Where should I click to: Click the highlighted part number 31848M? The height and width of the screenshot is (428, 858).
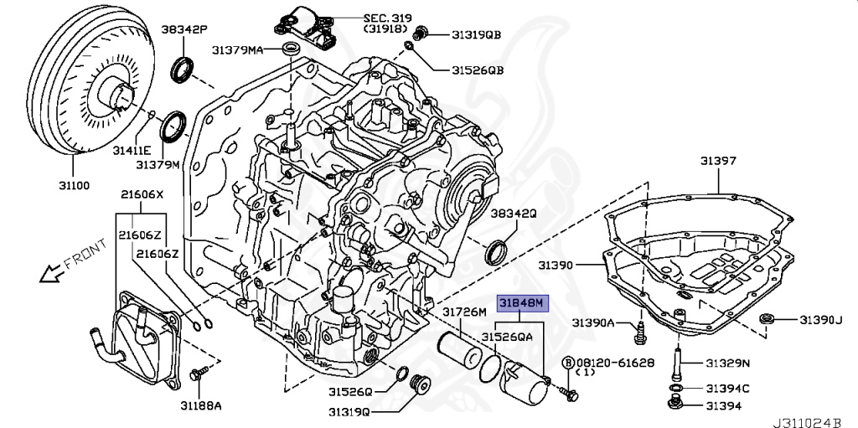pyautogui.click(x=522, y=302)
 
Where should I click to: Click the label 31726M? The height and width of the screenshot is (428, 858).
pyautogui.click(x=464, y=312)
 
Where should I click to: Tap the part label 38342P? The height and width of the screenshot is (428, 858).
pyautogui.click(x=184, y=28)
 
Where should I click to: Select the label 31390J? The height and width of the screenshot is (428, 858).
pyautogui.click(x=819, y=319)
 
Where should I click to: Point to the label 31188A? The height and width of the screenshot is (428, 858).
pyautogui.click(x=202, y=406)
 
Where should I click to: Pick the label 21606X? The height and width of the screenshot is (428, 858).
pyautogui.click(x=141, y=194)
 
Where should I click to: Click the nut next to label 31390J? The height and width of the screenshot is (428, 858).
pyautogui.click(x=767, y=319)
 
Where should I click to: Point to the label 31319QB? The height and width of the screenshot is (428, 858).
pyautogui.click(x=476, y=34)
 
